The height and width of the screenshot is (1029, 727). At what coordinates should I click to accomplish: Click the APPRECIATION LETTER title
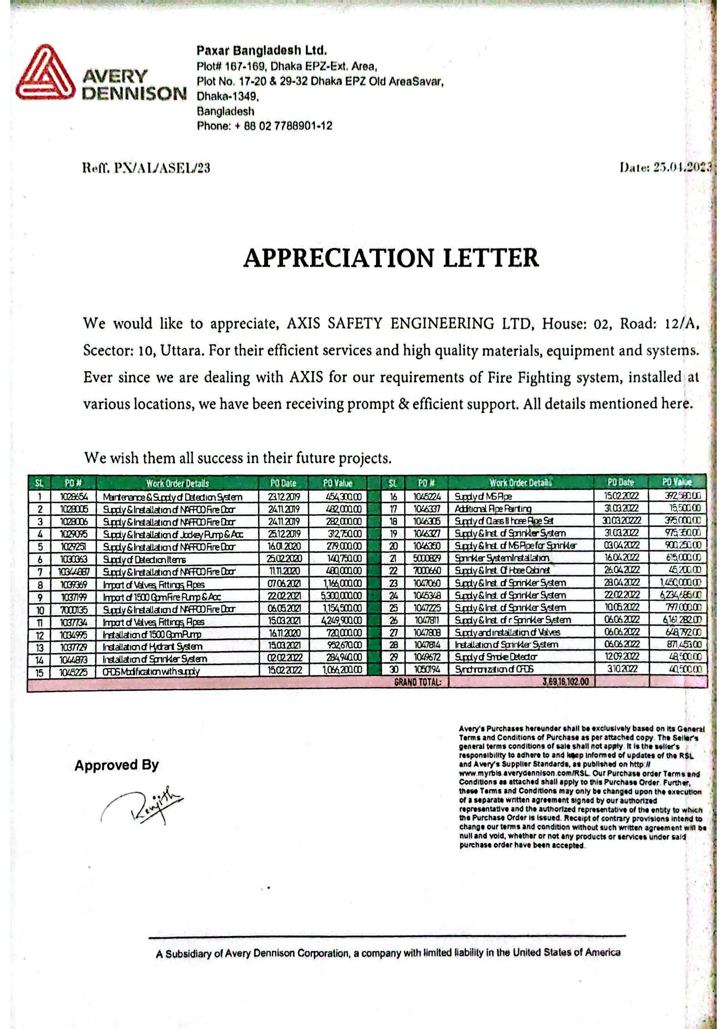tap(391, 258)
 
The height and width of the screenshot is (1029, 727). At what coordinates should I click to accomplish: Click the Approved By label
tap(117, 765)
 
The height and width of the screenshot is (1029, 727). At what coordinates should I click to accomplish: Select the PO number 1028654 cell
tap(73, 497)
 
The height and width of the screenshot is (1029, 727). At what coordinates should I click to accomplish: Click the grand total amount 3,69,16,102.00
tap(565, 682)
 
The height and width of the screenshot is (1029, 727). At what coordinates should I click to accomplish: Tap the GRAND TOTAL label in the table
tap(418, 682)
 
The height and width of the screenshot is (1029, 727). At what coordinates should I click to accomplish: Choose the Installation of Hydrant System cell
tap(153, 646)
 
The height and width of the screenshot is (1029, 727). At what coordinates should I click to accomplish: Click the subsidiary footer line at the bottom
tap(388, 953)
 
